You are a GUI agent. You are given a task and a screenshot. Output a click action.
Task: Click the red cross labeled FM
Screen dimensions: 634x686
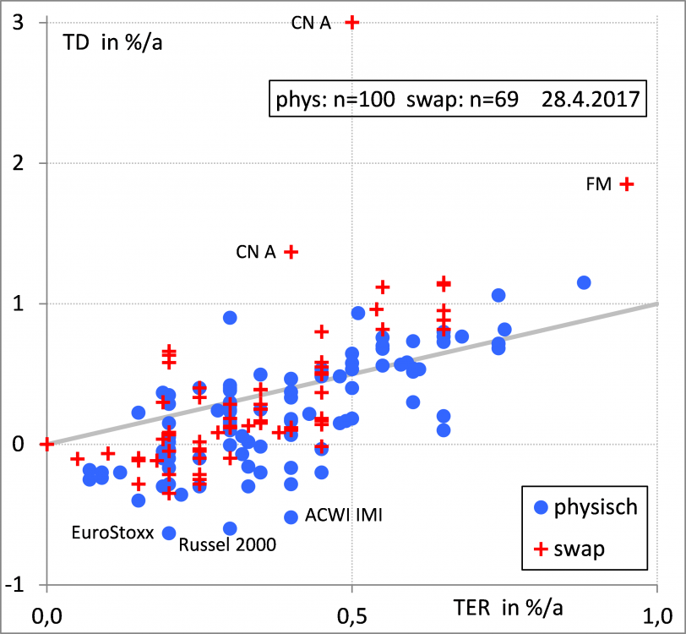tap(626, 184)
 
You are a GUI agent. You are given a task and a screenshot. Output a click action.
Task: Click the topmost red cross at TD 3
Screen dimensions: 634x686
tap(352, 22)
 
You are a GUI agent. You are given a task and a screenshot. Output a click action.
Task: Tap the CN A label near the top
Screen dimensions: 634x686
tap(311, 24)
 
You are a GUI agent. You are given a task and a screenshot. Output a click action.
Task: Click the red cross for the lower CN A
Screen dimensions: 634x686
tap(291, 251)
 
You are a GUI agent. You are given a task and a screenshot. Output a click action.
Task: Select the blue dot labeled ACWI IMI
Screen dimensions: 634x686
tap(291, 517)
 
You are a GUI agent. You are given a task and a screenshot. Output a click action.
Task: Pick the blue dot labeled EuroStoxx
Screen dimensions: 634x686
tap(169, 533)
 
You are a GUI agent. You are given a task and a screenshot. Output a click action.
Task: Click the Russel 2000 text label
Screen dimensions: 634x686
tap(227, 545)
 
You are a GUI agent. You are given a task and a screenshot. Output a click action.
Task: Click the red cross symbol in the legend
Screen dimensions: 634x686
tap(542, 550)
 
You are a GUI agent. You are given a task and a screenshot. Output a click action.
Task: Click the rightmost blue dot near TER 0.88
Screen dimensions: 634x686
tap(583, 282)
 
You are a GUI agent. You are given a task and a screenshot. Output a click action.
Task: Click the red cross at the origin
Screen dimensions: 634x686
tap(46, 444)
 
